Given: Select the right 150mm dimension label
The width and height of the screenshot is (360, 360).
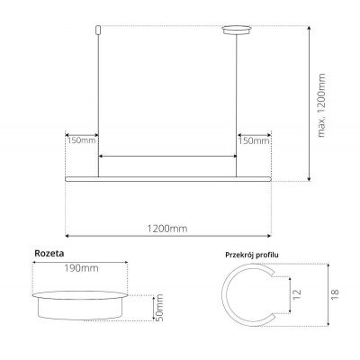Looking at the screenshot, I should tap(254, 140).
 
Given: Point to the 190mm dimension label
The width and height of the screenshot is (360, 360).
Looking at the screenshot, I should tap(81, 267).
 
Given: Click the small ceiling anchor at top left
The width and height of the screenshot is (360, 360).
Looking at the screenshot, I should tap(98, 32).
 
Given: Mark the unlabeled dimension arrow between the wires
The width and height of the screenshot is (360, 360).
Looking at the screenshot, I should tap(167, 157).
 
